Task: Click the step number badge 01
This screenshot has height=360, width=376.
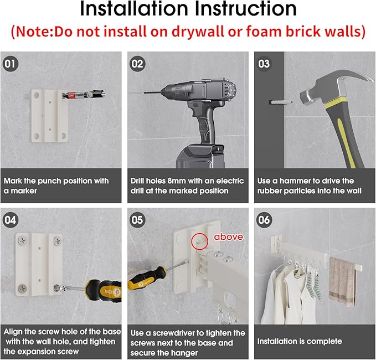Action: tap(10, 64)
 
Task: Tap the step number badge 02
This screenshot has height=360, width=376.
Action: tap(137, 64)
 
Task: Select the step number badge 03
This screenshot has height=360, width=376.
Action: tap(264, 64)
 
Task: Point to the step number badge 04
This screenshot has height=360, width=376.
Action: tap(10, 220)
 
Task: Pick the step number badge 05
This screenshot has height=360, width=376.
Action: tap(137, 220)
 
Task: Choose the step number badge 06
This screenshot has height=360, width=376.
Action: tap(264, 220)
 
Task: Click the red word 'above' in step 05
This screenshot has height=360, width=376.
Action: tap(229, 237)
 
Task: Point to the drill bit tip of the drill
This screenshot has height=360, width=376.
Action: tap(145, 92)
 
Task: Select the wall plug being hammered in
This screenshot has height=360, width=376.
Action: tap(281, 102)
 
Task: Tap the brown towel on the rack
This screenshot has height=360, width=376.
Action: tap(342, 282)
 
